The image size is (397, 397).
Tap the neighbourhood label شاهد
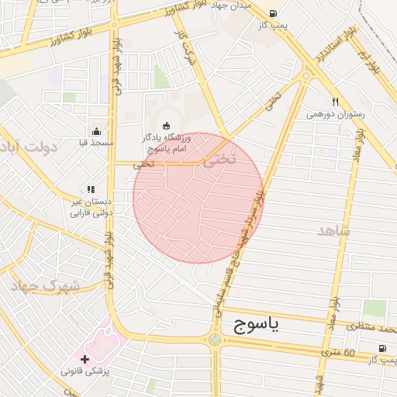point(333,230)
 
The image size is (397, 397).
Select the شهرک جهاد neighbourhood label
point(47,285)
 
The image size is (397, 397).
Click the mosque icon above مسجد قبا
point(96,131)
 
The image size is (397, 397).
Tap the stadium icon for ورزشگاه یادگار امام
point(166,126)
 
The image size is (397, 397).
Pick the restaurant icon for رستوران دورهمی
point(335,102)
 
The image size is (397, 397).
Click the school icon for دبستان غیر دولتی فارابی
point(91,189)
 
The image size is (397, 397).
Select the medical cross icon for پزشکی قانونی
point(85,360)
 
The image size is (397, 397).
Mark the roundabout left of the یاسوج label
point(214,340)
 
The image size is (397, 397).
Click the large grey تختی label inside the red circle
point(214,162)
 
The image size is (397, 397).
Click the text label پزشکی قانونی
point(86,372)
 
